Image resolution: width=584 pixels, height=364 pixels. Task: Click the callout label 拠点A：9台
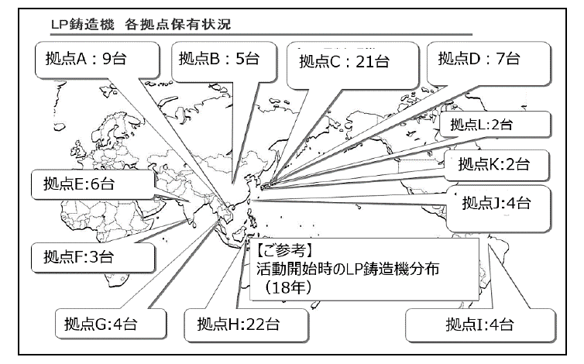point(86,59)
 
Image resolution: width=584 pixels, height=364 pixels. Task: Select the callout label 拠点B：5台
point(219,59)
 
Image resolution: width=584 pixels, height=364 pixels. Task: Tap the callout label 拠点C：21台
point(344,61)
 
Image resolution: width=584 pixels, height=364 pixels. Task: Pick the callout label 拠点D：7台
point(479,59)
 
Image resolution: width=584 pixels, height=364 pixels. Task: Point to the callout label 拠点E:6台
point(79,184)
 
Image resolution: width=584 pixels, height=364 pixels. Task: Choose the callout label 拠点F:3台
point(78,256)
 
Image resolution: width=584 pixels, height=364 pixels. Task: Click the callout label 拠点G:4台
point(101,324)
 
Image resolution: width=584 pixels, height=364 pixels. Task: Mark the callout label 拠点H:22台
point(239,324)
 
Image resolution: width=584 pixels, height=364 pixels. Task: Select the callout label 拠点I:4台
point(479,325)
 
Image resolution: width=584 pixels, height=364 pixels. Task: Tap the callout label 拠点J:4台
point(496,203)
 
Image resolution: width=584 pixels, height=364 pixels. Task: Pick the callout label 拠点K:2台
point(494,164)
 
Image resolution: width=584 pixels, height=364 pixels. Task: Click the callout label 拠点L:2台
point(482,125)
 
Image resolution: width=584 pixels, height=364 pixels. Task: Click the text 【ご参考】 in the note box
point(283,250)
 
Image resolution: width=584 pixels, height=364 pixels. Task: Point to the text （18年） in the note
point(287,287)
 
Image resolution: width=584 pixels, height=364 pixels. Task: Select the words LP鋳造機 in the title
point(82,25)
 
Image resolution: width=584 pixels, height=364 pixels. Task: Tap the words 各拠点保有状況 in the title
point(178,25)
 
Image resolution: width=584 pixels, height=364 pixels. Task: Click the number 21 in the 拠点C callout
point(365,61)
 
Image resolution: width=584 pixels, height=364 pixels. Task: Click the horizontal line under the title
point(261,35)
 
